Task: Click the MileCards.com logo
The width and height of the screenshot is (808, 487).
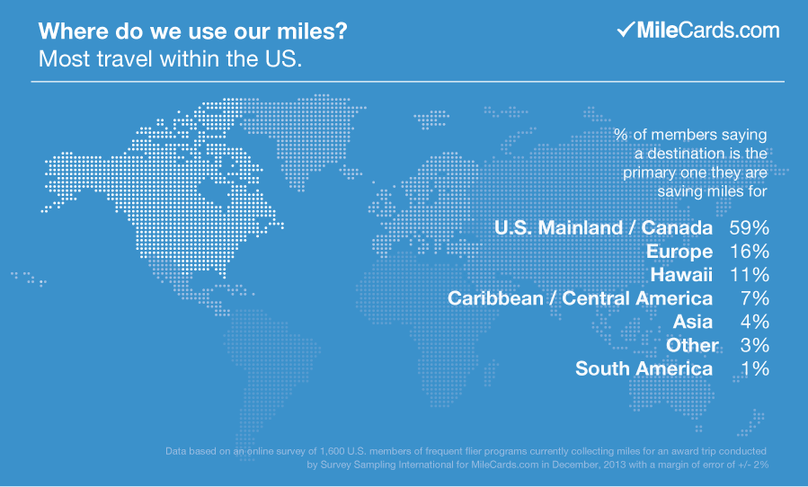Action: (697, 30)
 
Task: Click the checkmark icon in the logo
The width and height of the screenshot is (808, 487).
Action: (626, 30)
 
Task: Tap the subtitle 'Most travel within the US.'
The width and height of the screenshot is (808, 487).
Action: (169, 60)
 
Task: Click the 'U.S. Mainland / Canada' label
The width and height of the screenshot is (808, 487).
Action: (603, 228)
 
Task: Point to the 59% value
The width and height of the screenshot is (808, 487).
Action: (749, 228)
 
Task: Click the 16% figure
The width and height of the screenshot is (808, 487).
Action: (749, 252)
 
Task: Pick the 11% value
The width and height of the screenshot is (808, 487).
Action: (749, 275)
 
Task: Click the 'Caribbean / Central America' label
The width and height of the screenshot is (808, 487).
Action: (581, 298)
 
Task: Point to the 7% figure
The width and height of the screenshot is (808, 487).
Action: (754, 298)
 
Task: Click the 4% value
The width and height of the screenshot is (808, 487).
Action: (754, 322)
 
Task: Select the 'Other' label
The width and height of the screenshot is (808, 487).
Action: (692, 345)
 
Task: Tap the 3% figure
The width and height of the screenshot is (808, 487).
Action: (754, 345)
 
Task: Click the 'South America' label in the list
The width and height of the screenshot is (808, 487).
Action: (644, 368)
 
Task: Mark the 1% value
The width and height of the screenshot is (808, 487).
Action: (754, 368)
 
